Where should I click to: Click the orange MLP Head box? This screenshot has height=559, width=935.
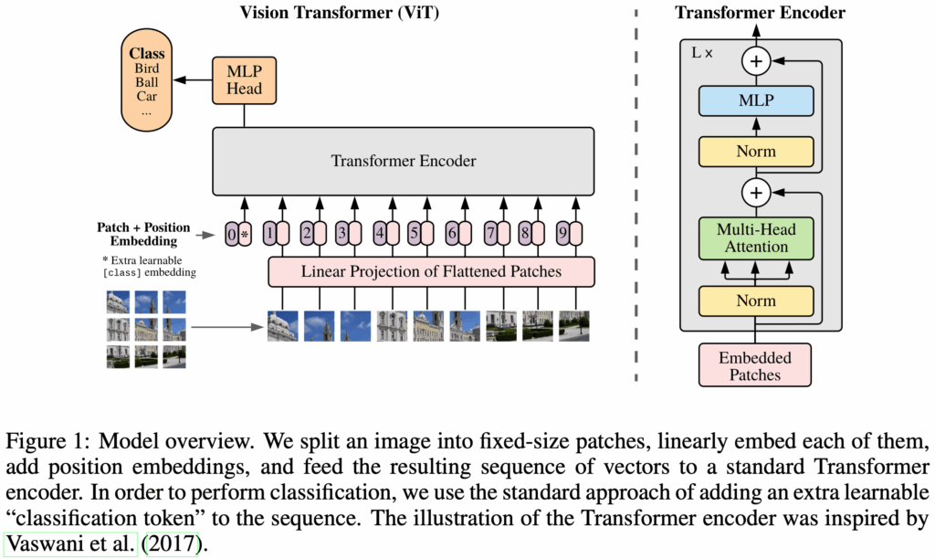pos(244,79)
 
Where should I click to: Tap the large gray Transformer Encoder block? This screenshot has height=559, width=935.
pos(403,162)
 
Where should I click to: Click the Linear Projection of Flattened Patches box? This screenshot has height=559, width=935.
pos(431,271)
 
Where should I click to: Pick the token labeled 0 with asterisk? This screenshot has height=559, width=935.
pos(237,234)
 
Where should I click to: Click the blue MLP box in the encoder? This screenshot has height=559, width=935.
pos(755,100)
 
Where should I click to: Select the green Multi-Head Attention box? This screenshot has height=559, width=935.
pos(755,239)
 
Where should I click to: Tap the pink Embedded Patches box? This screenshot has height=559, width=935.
pos(755,365)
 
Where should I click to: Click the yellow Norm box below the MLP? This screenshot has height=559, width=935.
pos(755,152)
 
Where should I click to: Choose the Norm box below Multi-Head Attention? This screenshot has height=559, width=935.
pos(755,301)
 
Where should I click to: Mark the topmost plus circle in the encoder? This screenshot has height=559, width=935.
pos(755,62)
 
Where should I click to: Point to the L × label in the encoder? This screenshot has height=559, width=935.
pos(701,54)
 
